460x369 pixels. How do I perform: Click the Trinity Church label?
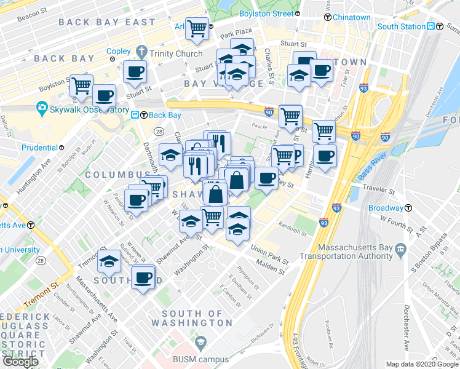(x=175, y=54)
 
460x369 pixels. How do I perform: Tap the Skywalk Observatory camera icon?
(x=42, y=109)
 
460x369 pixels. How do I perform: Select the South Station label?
(x=402, y=26)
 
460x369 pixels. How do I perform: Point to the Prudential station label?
(x=40, y=148)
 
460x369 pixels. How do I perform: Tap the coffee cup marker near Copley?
(x=135, y=72)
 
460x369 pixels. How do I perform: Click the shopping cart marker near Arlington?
(x=197, y=28)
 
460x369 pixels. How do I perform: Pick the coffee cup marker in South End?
(x=144, y=277)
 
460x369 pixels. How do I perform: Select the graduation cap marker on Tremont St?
(x=109, y=261)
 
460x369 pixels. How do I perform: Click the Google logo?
(x=20, y=362)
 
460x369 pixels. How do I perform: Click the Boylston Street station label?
(x=266, y=14)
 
